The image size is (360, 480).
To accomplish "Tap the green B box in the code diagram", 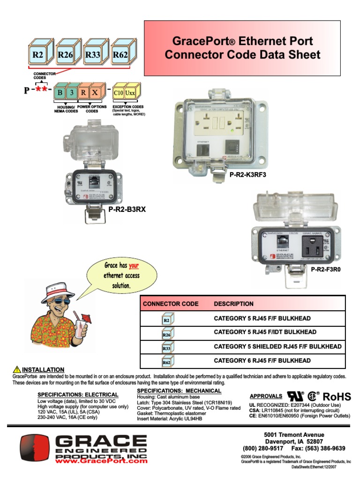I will pos(60,92).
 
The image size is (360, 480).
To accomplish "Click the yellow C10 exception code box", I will pos(119,92).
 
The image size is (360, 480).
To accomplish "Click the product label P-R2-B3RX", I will pos(127,210).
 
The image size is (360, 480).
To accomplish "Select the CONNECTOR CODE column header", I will pos(171,304).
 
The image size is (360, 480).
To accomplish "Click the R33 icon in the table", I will pos(166,348).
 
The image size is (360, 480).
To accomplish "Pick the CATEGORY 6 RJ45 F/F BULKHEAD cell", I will pos(262,360).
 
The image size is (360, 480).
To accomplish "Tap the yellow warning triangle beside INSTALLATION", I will pos(17,369).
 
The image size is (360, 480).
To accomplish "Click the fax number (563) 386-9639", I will pos(322,448).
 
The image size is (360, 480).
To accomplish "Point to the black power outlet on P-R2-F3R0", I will pos(309,244).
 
